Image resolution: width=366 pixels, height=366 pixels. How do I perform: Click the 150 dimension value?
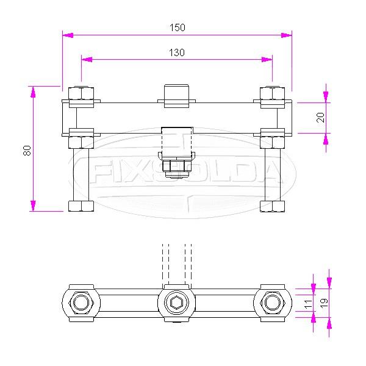pos(177,27)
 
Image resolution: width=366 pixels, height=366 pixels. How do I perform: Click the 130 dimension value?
pos(177,52)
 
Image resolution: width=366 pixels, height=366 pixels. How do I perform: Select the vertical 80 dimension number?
pos(27,150)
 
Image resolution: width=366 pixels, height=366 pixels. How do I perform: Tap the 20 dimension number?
pos(321,118)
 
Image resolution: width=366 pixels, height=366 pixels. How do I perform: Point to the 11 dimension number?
pos(308,303)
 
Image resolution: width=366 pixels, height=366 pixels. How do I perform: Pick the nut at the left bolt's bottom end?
pos(81,206)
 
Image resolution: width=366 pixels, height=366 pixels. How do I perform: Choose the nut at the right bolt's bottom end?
pos(273,206)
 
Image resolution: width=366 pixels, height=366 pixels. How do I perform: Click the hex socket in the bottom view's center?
pos(177,303)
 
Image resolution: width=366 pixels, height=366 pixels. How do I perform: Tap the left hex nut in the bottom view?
pos(81,303)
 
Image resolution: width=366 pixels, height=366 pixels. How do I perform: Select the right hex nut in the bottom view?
pos(273,303)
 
